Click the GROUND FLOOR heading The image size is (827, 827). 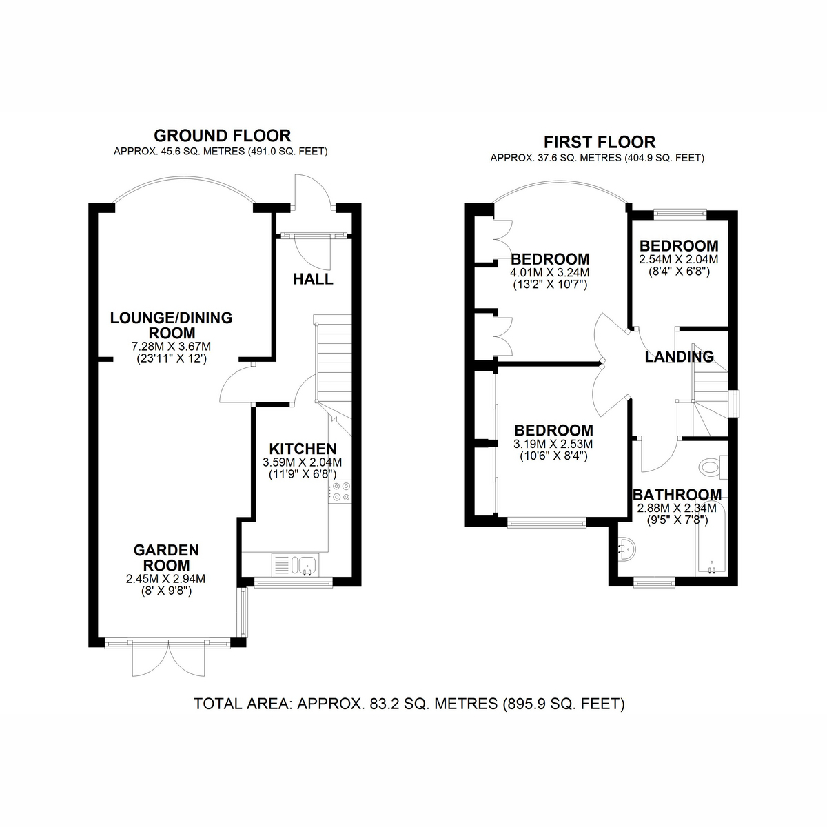tap(223, 136)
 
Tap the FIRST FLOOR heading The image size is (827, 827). tap(600, 142)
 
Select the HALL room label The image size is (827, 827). tap(314, 279)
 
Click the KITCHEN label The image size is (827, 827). tap(303, 449)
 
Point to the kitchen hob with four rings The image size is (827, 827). tap(340, 492)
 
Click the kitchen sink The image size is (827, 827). tap(305, 565)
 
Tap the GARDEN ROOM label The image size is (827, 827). tap(166, 558)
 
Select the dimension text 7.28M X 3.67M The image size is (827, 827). tap(171, 347)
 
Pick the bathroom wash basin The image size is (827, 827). tap(627, 549)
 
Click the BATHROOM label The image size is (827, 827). tap(677, 495)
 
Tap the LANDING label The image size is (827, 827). tap(680, 356)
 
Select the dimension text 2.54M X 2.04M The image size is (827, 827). tap(679, 259)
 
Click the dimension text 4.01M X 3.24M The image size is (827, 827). tap(550, 272)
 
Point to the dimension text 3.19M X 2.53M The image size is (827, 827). tap(553, 443)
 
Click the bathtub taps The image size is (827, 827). tap(711, 569)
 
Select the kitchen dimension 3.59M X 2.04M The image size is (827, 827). tap(302, 462)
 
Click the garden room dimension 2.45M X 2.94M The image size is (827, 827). tap(165, 579)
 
